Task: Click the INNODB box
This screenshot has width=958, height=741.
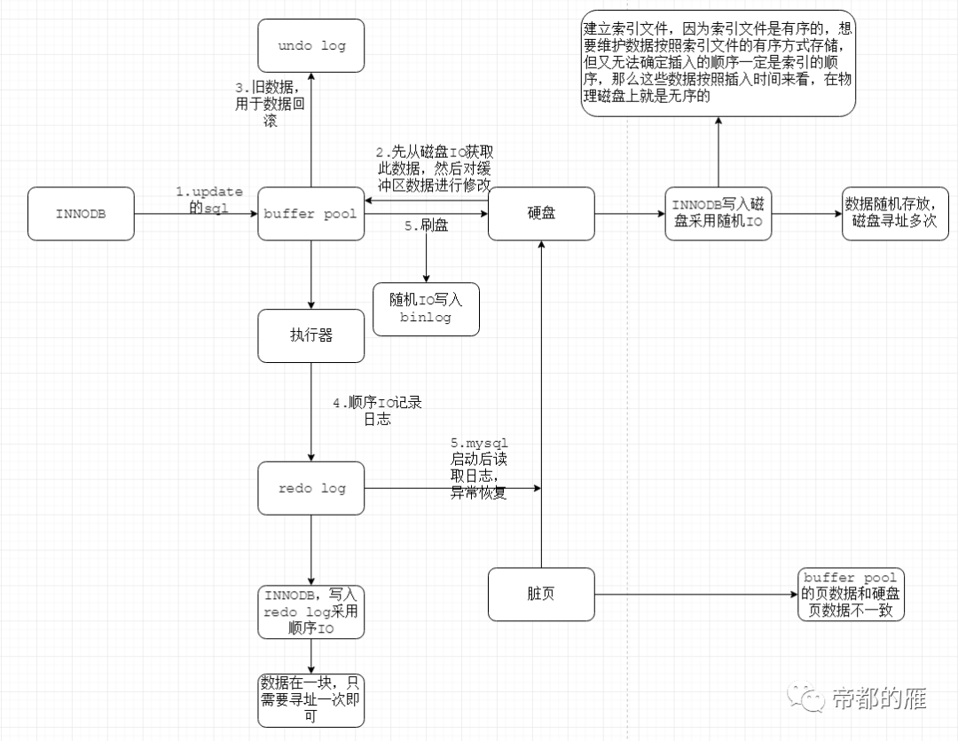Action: click(81, 214)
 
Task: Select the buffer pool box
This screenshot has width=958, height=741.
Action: click(310, 214)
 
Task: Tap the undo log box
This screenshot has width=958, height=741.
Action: click(311, 45)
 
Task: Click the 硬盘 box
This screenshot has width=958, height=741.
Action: click(541, 214)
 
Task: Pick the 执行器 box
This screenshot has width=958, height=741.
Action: click(310, 335)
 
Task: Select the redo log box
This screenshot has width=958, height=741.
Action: click(311, 488)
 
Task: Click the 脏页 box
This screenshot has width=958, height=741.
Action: click(541, 595)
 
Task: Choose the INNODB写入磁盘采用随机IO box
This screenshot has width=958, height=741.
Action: click(718, 214)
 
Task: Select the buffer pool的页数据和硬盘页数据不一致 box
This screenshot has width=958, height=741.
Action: click(852, 595)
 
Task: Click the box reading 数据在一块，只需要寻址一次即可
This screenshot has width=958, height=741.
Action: click(311, 699)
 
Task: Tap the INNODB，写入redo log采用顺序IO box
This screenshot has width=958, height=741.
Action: click(311, 612)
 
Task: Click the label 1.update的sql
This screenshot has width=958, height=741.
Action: click(208, 200)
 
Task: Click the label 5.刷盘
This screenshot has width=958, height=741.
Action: click(427, 226)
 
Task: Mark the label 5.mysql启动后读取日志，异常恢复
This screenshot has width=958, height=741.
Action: click(479, 468)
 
